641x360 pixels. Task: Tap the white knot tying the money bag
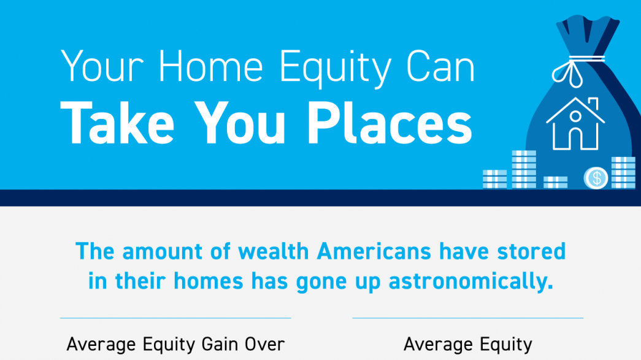(x=573, y=67)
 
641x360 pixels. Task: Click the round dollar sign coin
(x=596, y=178)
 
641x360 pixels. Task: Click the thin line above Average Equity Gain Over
(x=175, y=318)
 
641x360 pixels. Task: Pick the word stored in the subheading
(x=531, y=252)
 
